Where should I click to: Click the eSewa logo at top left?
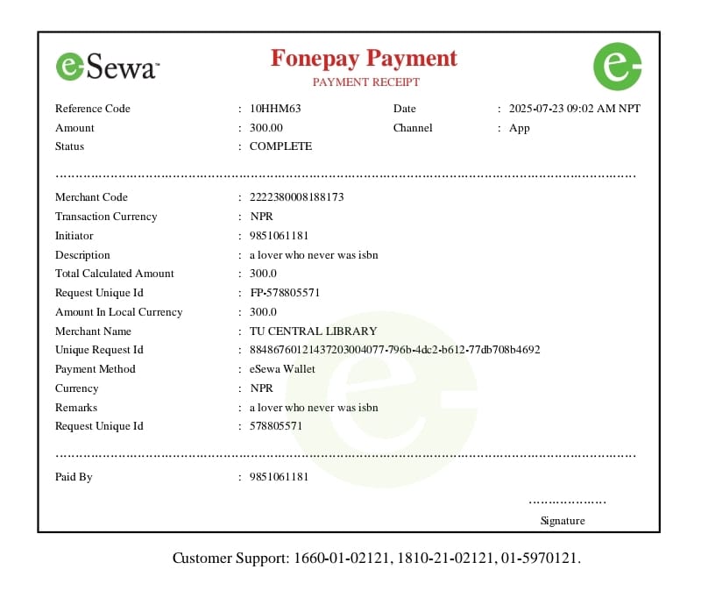[108, 67]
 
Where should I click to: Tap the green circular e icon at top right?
[617, 66]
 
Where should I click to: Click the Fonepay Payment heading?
[364, 59]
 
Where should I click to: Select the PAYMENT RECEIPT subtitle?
[365, 82]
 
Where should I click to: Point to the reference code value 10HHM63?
[275, 109]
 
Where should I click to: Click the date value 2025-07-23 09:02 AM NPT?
[574, 109]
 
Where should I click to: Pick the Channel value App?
[520, 128]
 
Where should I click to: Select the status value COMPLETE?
[280, 146]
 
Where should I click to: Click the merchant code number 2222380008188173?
[296, 197]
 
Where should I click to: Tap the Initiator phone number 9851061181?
[279, 236]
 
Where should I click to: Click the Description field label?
[82, 255]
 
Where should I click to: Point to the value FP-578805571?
[284, 293]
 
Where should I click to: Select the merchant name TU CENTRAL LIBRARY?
[313, 331]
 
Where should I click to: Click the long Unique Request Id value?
[394, 350]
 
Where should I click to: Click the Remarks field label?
[76, 408]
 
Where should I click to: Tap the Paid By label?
[74, 477]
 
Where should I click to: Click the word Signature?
[563, 521]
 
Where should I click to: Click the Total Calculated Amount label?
[115, 274]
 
